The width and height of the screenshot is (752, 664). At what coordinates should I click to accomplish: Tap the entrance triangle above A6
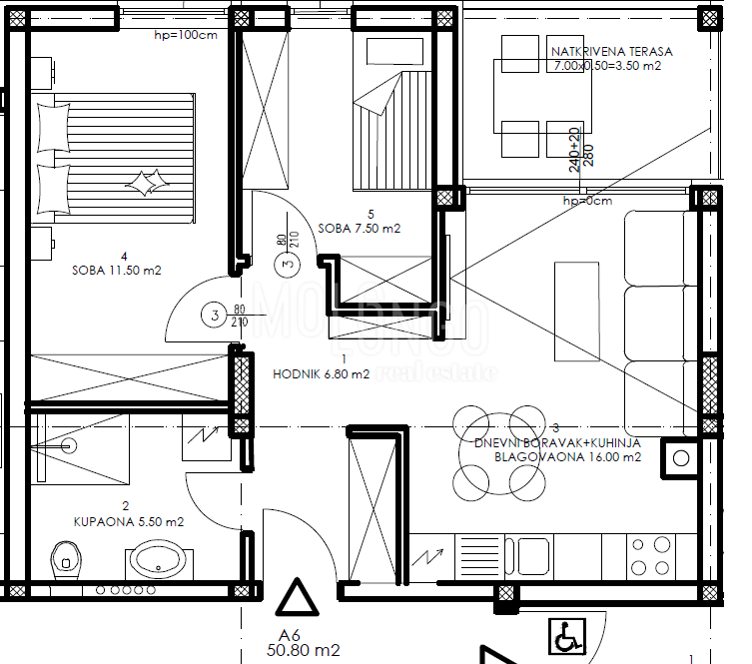296,599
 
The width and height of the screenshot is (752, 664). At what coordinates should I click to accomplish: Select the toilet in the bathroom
65,559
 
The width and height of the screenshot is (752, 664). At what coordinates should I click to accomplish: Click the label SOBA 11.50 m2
117,270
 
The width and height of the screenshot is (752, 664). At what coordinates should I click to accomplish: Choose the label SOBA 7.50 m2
360,228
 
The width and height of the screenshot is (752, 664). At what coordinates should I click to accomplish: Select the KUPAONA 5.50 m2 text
128,520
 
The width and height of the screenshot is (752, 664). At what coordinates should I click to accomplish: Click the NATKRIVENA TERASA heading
611,52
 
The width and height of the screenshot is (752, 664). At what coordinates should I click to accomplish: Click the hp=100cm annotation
186,36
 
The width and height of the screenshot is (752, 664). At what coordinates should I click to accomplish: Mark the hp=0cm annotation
586,201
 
